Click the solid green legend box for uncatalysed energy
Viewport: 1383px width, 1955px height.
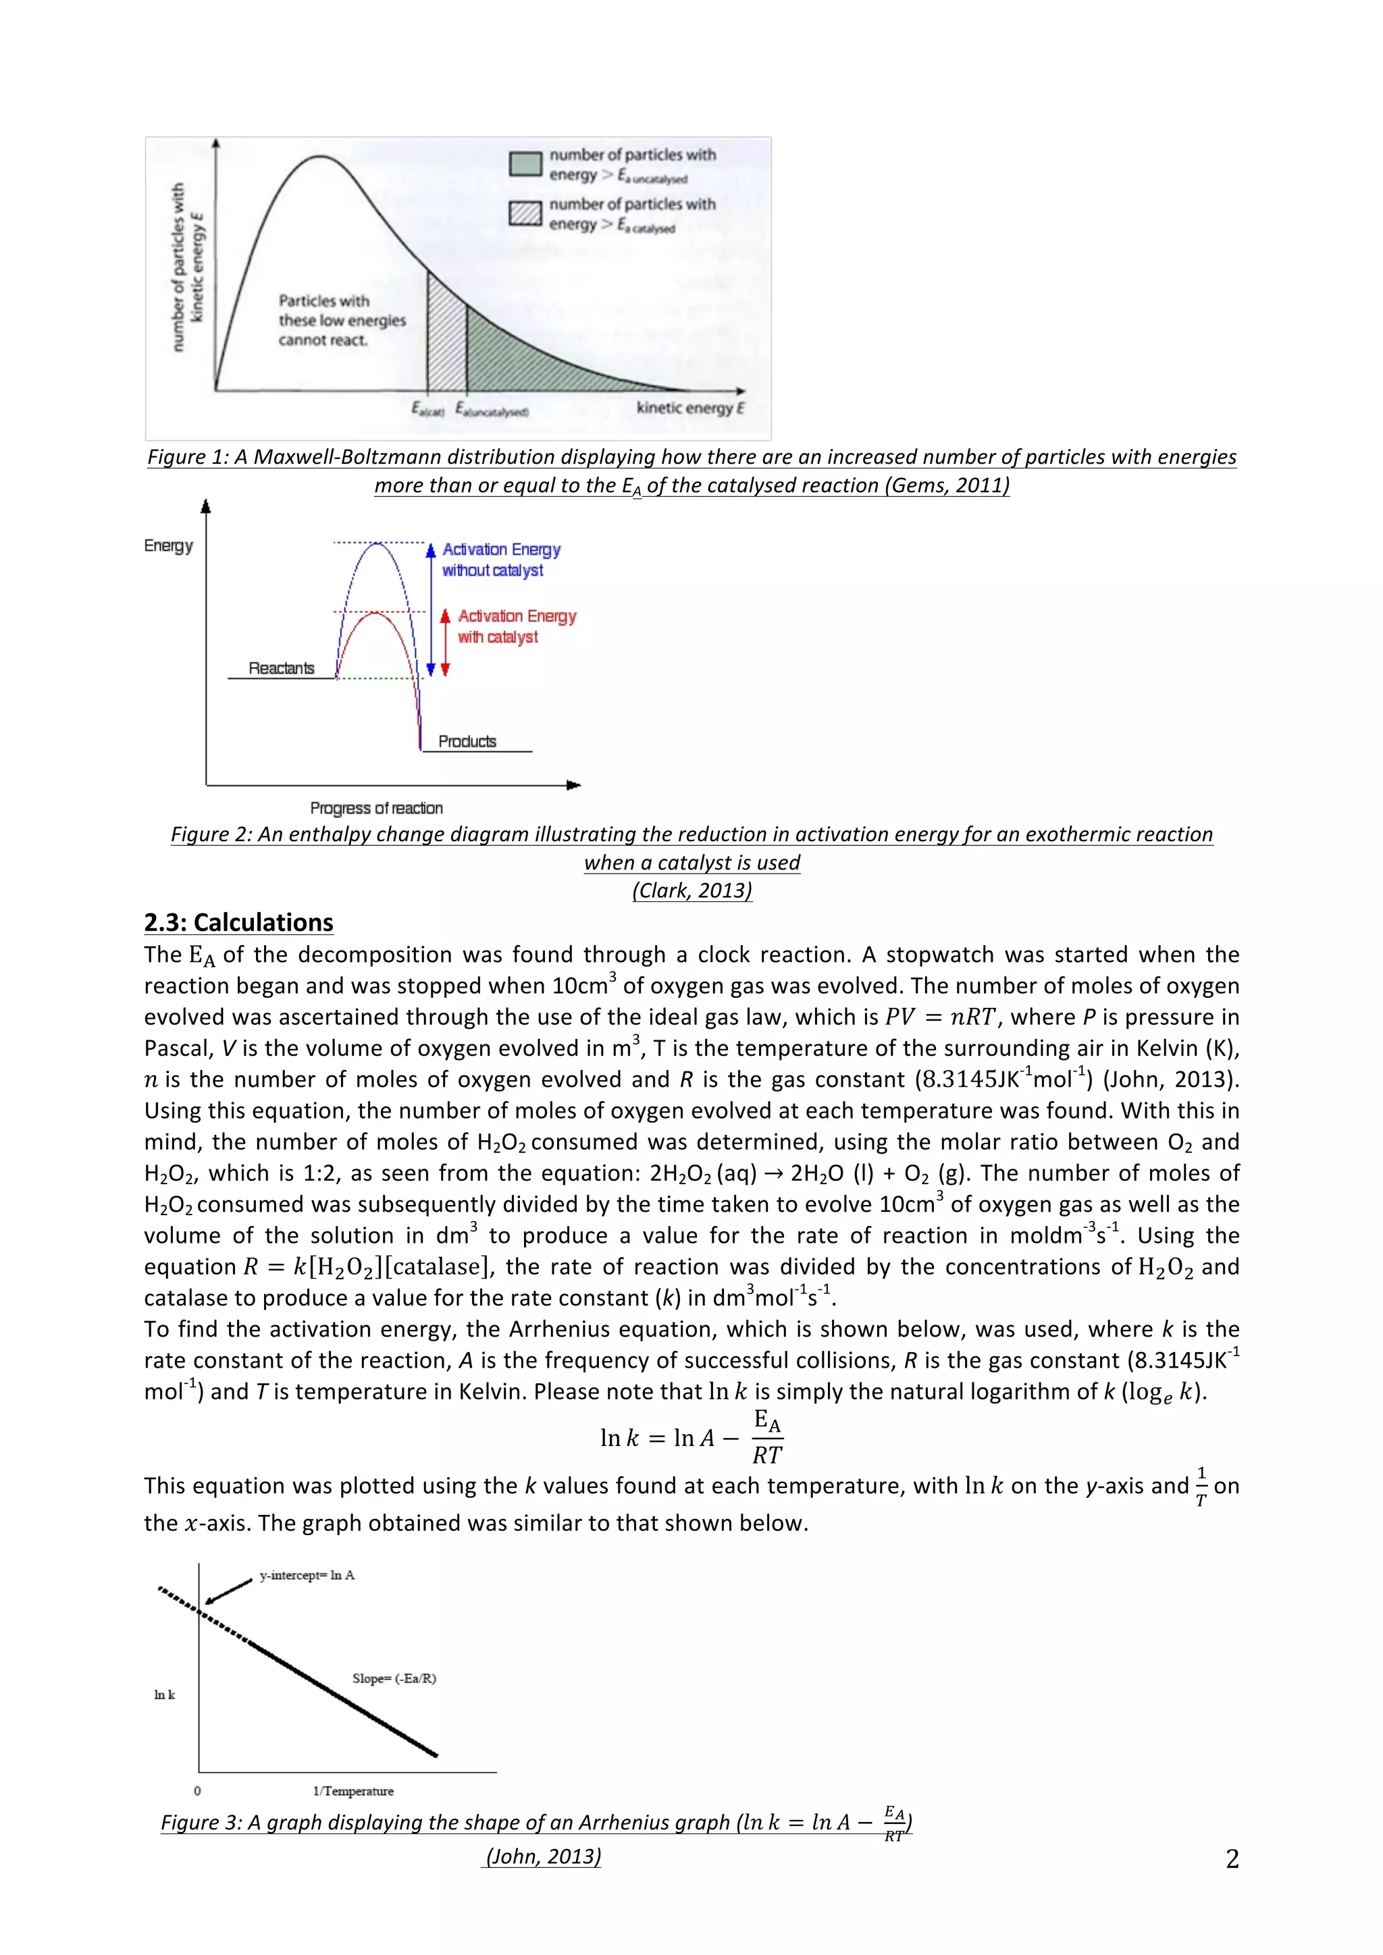click(525, 164)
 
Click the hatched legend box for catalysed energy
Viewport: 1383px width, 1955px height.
click(525, 214)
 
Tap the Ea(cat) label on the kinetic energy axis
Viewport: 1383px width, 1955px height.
click(427, 410)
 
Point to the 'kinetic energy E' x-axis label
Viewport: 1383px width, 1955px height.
click(689, 408)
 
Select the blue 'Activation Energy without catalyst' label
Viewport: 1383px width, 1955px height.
click(501, 560)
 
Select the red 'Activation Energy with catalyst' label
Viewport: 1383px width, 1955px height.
click(516, 626)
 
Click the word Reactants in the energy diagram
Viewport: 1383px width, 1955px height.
click(281, 668)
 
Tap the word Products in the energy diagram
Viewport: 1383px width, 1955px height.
click(467, 742)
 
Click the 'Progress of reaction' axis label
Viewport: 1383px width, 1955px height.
click(376, 808)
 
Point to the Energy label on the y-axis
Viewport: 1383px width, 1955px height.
click(169, 546)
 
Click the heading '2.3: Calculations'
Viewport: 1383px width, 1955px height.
click(238, 923)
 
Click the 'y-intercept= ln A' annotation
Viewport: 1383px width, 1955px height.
click(307, 1575)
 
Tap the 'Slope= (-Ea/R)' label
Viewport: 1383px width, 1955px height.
click(394, 1678)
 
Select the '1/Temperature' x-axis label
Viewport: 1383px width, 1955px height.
click(353, 1791)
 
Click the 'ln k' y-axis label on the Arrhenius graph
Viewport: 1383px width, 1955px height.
click(164, 1694)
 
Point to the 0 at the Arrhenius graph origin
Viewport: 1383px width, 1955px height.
click(198, 1791)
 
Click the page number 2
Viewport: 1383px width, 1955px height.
click(1232, 1858)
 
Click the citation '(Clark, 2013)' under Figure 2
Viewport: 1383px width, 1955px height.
click(691, 890)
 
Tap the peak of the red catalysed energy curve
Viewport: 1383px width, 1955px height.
click(375, 612)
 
